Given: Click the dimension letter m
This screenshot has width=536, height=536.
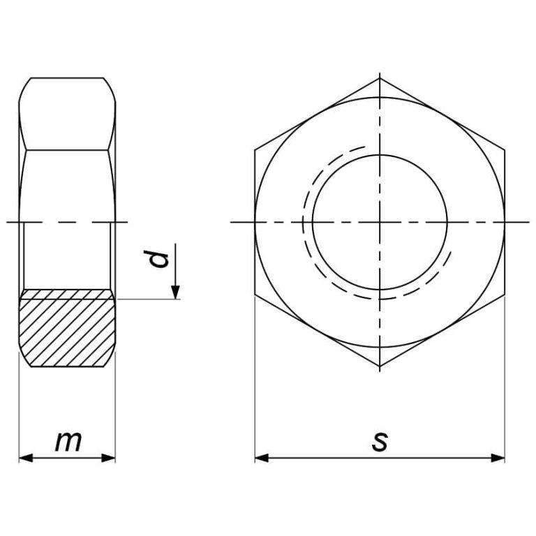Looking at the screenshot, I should click(x=67, y=441).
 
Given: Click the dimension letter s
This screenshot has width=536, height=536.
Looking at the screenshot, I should click(x=379, y=441).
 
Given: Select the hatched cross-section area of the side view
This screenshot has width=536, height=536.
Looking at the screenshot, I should click(x=66, y=329).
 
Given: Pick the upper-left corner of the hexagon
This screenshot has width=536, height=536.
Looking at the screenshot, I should click(x=255, y=149).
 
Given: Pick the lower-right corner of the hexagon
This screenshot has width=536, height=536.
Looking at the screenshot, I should click(x=505, y=295).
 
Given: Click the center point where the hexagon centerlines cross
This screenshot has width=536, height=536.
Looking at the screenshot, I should click(x=380, y=222).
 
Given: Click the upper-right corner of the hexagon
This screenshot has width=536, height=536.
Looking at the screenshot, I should click(x=505, y=149).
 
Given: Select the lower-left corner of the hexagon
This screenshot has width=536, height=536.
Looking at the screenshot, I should click(x=255, y=295).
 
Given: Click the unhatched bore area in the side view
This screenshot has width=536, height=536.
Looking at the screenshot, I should click(x=66, y=255).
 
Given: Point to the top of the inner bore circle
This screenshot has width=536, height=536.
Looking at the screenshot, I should click(x=380, y=154).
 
